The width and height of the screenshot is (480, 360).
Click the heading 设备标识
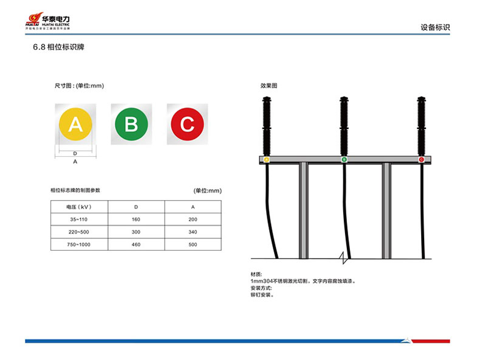click(x=434, y=27)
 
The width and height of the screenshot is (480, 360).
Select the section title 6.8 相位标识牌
click(x=58, y=47)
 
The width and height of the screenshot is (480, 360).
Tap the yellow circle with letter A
click(x=75, y=124)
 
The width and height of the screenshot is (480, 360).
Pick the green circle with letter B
click(x=131, y=124)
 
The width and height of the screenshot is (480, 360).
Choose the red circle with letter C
click(x=187, y=124)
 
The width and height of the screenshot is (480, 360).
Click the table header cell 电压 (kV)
click(x=78, y=207)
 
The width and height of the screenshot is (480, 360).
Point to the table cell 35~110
click(x=78, y=220)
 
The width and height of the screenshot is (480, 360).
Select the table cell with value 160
click(x=135, y=220)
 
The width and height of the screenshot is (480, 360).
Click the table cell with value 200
click(x=193, y=220)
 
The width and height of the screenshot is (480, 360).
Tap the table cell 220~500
click(x=78, y=232)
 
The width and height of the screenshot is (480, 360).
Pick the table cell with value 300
click(x=135, y=232)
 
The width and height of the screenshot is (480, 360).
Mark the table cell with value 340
click(x=193, y=232)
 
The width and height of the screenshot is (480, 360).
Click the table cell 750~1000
click(x=78, y=244)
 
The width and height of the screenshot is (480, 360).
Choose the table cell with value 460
click(x=135, y=244)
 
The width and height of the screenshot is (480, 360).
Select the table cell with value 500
click(x=193, y=244)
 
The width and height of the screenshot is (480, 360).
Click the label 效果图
click(x=269, y=86)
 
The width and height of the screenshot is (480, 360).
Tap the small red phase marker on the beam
click(x=421, y=159)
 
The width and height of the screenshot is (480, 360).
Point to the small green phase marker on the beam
click(x=344, y=159)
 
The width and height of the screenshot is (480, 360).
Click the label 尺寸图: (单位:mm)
click(x=75, y=86)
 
